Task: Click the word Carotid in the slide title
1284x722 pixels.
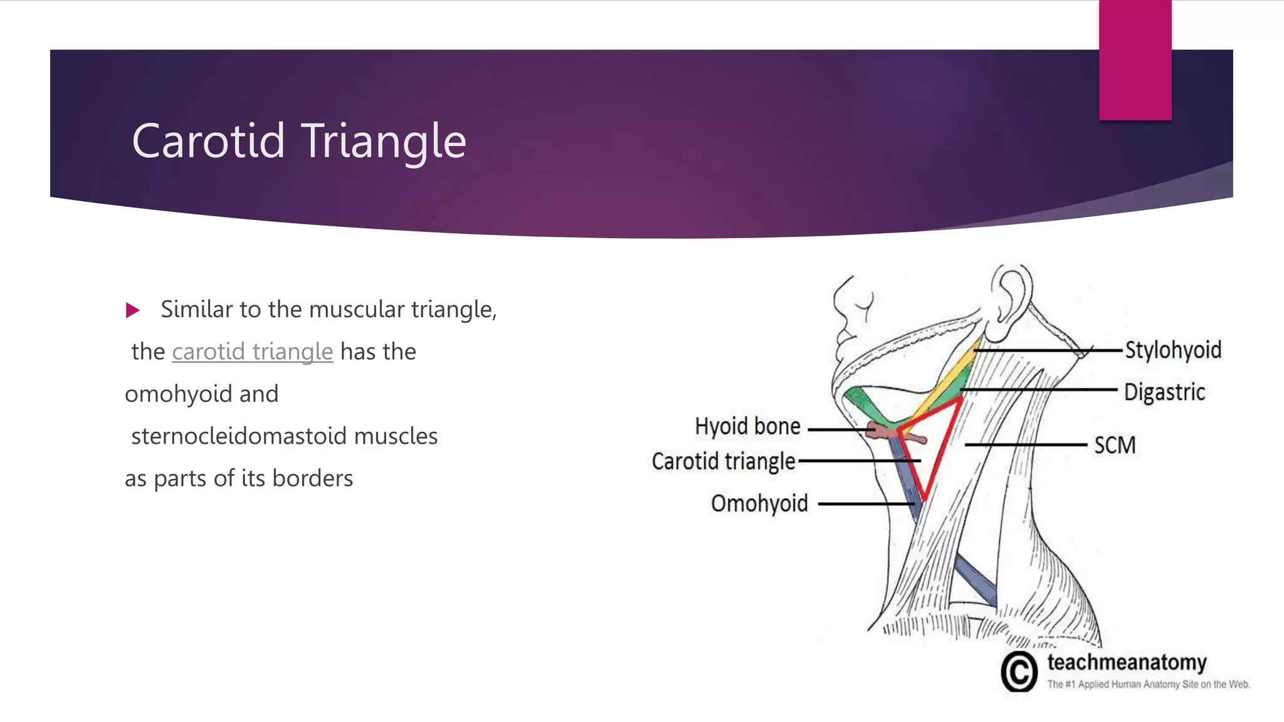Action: point(209,141)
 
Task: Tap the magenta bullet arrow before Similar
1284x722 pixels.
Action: point(132,310)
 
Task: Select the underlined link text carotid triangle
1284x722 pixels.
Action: point(252,352)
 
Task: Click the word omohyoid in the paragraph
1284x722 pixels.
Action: point(179,394)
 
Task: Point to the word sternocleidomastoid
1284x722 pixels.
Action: point(238,436)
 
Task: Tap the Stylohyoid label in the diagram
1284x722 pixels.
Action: point(1172,350)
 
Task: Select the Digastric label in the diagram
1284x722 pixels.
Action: point(1164,392)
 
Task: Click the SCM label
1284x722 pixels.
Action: point(1115,445)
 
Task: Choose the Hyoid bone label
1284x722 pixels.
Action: point(747,427)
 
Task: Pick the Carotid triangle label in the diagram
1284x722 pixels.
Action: point(724,462)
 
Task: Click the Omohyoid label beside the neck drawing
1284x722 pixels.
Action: point(759,503)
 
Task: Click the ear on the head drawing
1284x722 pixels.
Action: point(1009,295)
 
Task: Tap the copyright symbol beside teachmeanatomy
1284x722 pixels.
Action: point(1019,672)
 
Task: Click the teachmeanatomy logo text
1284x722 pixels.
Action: point(1127,662)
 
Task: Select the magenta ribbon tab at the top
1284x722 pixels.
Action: point(1135,60)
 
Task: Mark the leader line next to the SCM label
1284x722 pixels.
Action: point(1025,445)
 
